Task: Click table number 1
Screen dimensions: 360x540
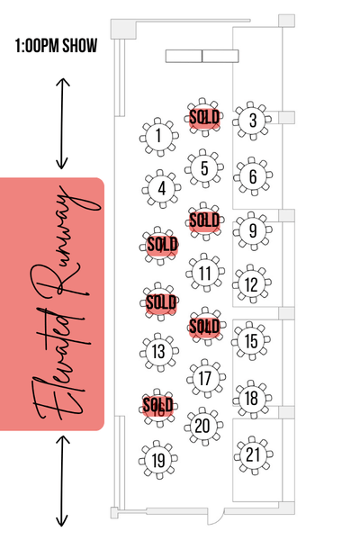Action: click(158, 137)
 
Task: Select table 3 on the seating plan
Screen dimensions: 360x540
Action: click(253, 121)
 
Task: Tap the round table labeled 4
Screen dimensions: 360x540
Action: click(161, 189)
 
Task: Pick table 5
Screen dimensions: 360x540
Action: click(204, 169)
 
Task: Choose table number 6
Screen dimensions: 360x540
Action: click(253, 176)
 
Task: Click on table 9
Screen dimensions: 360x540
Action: click(253, 230)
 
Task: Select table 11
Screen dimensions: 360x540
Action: click(205, 273)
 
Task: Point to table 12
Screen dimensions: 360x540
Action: click(251, 284)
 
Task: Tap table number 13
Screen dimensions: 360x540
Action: click(158, 352)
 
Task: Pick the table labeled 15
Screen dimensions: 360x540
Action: click(251, 341)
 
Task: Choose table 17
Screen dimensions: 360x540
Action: click(206, 379)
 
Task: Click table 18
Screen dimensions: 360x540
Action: click(252, 399)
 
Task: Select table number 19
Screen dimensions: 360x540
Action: click(158, 460)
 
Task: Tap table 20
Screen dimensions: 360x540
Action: click(203, 427)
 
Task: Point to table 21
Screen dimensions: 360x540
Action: click(253, 455)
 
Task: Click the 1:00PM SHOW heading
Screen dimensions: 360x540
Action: click(56, 46)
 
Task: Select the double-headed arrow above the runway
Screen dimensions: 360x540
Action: click(62, 123)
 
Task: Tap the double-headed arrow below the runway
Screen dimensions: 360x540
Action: click(62, 481)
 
